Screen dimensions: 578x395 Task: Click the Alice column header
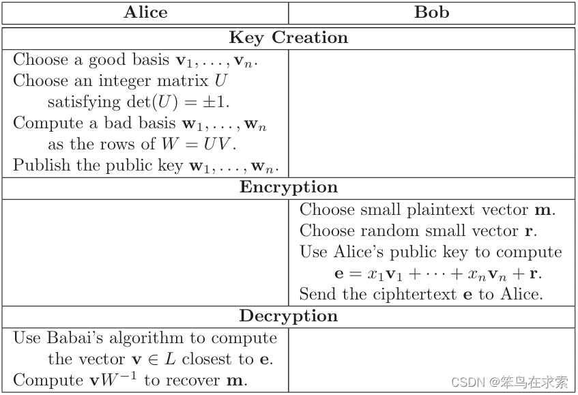click(x=145, y=12)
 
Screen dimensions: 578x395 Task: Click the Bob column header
click(x=432, y=12)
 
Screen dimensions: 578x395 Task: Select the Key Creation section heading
click(x=288, y=38)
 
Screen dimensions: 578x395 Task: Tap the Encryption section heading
click(x=288, y=188)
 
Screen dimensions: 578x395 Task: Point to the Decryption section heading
click(x=288, y=316)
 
